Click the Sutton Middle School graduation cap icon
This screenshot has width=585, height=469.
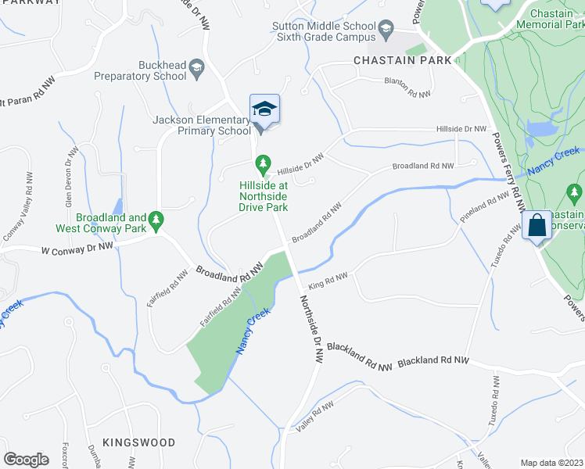386,32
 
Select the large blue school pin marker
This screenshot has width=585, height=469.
264,109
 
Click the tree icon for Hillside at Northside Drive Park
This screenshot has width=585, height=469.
264,164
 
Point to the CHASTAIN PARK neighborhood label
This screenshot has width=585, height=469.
403,60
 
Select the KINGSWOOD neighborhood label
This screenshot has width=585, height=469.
138,442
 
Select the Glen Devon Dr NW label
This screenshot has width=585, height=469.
69,174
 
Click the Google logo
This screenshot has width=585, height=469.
27,460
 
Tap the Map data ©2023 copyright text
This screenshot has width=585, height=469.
552,463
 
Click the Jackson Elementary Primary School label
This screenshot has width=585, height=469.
201,125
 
